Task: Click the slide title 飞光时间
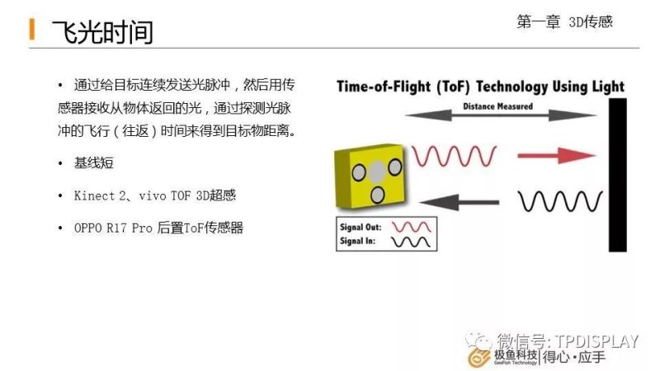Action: [102, 32]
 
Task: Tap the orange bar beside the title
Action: [32, 29]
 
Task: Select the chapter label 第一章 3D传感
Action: [564, 22]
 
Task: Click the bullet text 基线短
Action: [94, 162]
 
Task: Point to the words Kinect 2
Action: [99, 195]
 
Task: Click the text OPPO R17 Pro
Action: [113, 228]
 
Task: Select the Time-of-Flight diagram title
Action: [480, 87]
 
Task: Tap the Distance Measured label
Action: [498, 106]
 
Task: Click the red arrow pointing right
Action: [556, 156]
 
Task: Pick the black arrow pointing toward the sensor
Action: [460, 202]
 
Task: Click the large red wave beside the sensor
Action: [455, 156]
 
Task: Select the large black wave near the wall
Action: [560, 201]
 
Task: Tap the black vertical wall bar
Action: [617, 175]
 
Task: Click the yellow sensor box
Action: [370, 176]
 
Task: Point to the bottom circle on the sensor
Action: [378, 195]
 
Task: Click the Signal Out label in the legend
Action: [361, 228]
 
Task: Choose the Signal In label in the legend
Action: [357, 241]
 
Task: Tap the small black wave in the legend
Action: [411, 242]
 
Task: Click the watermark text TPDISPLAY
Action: [596, 341]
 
